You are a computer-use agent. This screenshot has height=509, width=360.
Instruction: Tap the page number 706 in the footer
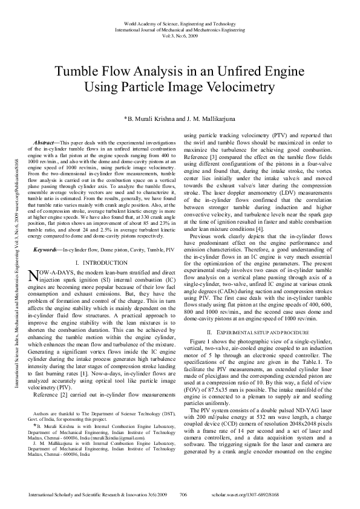[x=184, y=494]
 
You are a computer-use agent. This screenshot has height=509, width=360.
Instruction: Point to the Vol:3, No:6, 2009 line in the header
[x=180, y=35]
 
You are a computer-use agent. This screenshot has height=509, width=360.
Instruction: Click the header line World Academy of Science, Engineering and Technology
[x=180, y=22]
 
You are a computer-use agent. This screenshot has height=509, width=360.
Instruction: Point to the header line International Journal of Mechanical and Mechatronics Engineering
[x=180, y=28]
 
